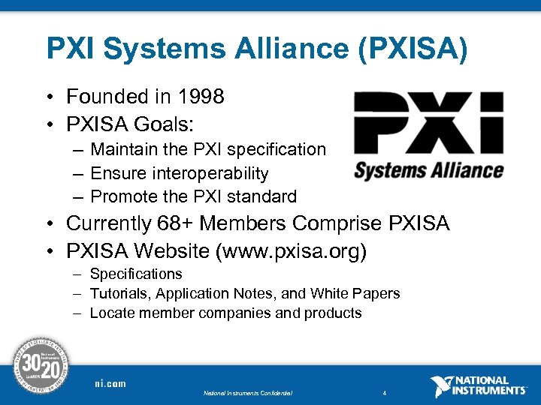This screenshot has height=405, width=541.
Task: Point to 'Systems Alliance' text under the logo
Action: click(428, 169)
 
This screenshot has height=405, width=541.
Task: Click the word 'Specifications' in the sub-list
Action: click(136, 274)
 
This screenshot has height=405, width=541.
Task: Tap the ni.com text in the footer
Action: click(110, 384)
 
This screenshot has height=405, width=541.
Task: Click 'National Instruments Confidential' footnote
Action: click(247, 393)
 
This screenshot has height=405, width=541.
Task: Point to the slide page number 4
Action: click(384, 393)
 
